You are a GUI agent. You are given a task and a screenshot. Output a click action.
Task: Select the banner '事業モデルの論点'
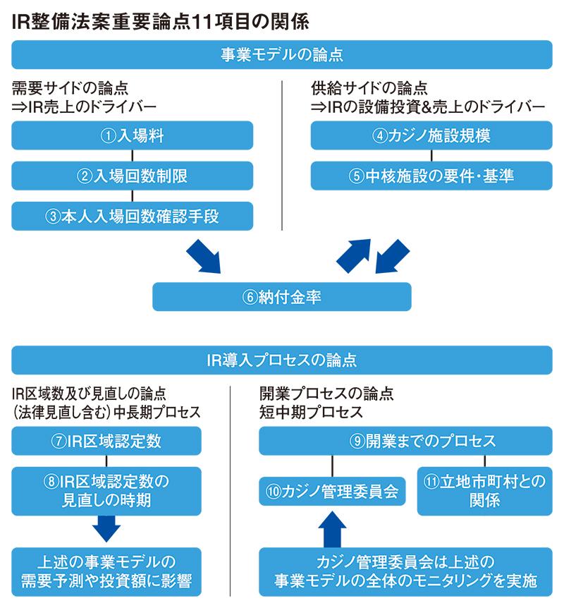click(282, 54)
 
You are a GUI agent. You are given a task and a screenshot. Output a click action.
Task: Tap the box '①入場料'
click(133, 135)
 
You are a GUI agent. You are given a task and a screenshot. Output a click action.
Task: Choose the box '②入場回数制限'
click(133, 176)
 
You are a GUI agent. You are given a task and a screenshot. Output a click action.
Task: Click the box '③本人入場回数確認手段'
click(133, 216)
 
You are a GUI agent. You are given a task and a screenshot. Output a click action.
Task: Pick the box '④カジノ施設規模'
click(431, 135)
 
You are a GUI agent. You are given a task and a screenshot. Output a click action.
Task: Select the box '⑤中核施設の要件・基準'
click(431, 176)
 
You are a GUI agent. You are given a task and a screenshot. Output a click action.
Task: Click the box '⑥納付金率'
click(282, 297)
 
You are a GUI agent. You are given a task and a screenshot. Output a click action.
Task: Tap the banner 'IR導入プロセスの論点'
click(282, 360)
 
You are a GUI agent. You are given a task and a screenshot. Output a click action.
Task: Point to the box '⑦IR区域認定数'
click(106, 441)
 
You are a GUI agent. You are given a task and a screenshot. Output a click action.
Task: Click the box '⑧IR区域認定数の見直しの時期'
click(106, 491)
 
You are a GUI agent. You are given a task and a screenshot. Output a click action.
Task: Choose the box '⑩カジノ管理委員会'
click(332, 492)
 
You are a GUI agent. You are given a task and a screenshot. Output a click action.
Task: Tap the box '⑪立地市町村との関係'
click(484, 491)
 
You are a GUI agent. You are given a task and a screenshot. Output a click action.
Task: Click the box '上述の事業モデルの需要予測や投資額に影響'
click(106, 572)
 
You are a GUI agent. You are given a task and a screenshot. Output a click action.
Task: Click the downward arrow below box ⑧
click(106, 528)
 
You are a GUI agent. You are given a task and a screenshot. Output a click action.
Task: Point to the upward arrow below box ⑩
click(332, 529)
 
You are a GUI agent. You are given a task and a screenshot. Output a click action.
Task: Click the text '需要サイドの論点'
click(70, 88)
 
